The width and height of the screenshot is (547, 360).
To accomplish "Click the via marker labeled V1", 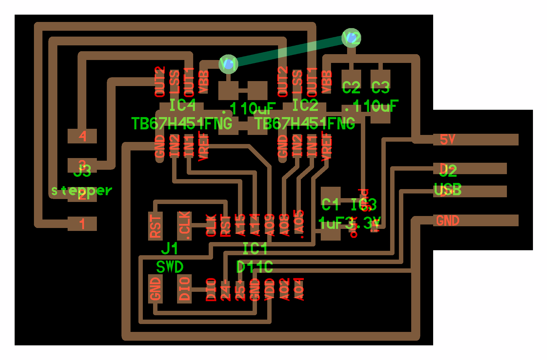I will (228, 64).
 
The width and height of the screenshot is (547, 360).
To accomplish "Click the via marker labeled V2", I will (351, 38).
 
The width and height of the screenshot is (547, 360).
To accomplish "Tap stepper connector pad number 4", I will (82, 136).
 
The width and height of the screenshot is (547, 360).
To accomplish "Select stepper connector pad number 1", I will (82, 224).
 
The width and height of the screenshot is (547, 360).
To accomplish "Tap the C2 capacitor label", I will (351, 87).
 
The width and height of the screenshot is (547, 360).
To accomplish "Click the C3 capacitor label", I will (380, 87).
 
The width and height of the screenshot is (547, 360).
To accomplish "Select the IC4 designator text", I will (182, 105).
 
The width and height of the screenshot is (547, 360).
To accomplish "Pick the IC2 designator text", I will (305, 105).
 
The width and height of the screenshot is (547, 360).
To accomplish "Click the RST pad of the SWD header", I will (155, 226).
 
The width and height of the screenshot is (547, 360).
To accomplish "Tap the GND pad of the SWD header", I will (155, 289).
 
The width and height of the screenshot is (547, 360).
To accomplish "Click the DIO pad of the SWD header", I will (184, 289).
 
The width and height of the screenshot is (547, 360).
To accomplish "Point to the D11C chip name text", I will (255, 267).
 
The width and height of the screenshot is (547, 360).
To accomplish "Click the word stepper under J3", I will (82, 191).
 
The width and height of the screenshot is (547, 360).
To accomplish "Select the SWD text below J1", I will (170, 267).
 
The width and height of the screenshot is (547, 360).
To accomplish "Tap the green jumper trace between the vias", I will (290, 51).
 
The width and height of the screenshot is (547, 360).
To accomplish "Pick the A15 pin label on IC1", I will (240, 225).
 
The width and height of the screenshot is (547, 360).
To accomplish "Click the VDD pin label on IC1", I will (270, 289).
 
